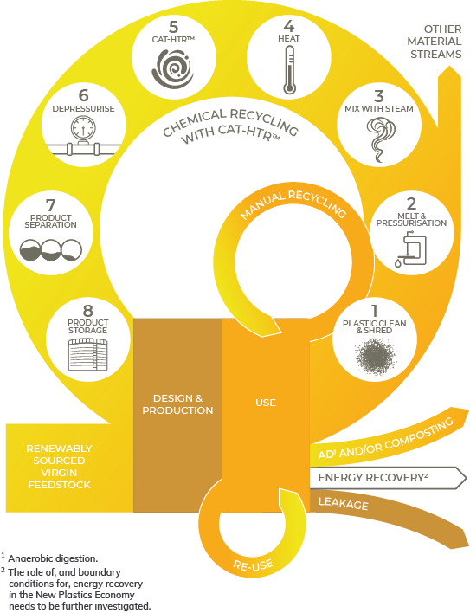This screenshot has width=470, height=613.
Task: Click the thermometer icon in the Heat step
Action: point(289,70)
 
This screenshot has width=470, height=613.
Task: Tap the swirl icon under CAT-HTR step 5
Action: point(173,69)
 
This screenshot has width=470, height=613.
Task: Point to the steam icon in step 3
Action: point(380,139)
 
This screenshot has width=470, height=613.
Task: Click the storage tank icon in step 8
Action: point(87,355)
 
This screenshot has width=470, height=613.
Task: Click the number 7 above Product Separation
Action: point(51,205)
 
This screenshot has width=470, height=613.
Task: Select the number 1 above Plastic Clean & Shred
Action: point(375,311)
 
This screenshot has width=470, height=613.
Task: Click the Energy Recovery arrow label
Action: point(373,477)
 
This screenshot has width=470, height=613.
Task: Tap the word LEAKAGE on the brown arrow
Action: point(343,504)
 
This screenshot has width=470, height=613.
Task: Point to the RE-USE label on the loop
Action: point(253,565)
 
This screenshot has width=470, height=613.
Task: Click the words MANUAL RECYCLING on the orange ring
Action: point(293,203)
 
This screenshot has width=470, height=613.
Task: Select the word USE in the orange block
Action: point(266,403)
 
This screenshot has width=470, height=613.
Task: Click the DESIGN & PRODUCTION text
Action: point(177,404)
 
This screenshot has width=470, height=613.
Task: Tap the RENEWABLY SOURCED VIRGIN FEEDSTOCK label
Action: point(59,467)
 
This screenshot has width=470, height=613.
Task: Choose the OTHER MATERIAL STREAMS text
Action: point(434,42)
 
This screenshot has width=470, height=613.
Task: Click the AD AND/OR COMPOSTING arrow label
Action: point(386,438)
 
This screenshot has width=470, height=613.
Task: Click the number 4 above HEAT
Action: point(289,26)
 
